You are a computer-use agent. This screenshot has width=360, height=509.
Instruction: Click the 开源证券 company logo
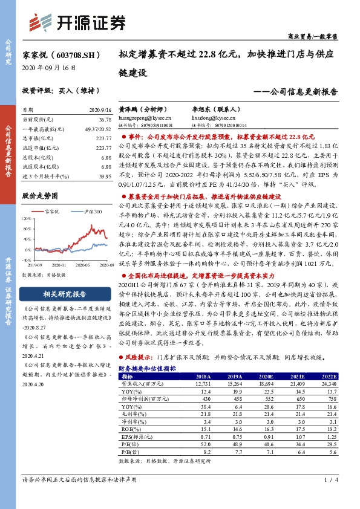[x=79, y=24]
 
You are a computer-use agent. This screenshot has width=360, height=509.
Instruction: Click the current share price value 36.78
[x=104, y=120]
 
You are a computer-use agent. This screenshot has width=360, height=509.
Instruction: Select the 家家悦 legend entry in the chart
[x=53, y=212]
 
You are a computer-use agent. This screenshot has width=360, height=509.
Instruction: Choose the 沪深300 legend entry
[x=84, y=212]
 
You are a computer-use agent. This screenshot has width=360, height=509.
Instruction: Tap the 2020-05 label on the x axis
[x=86, y=264]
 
